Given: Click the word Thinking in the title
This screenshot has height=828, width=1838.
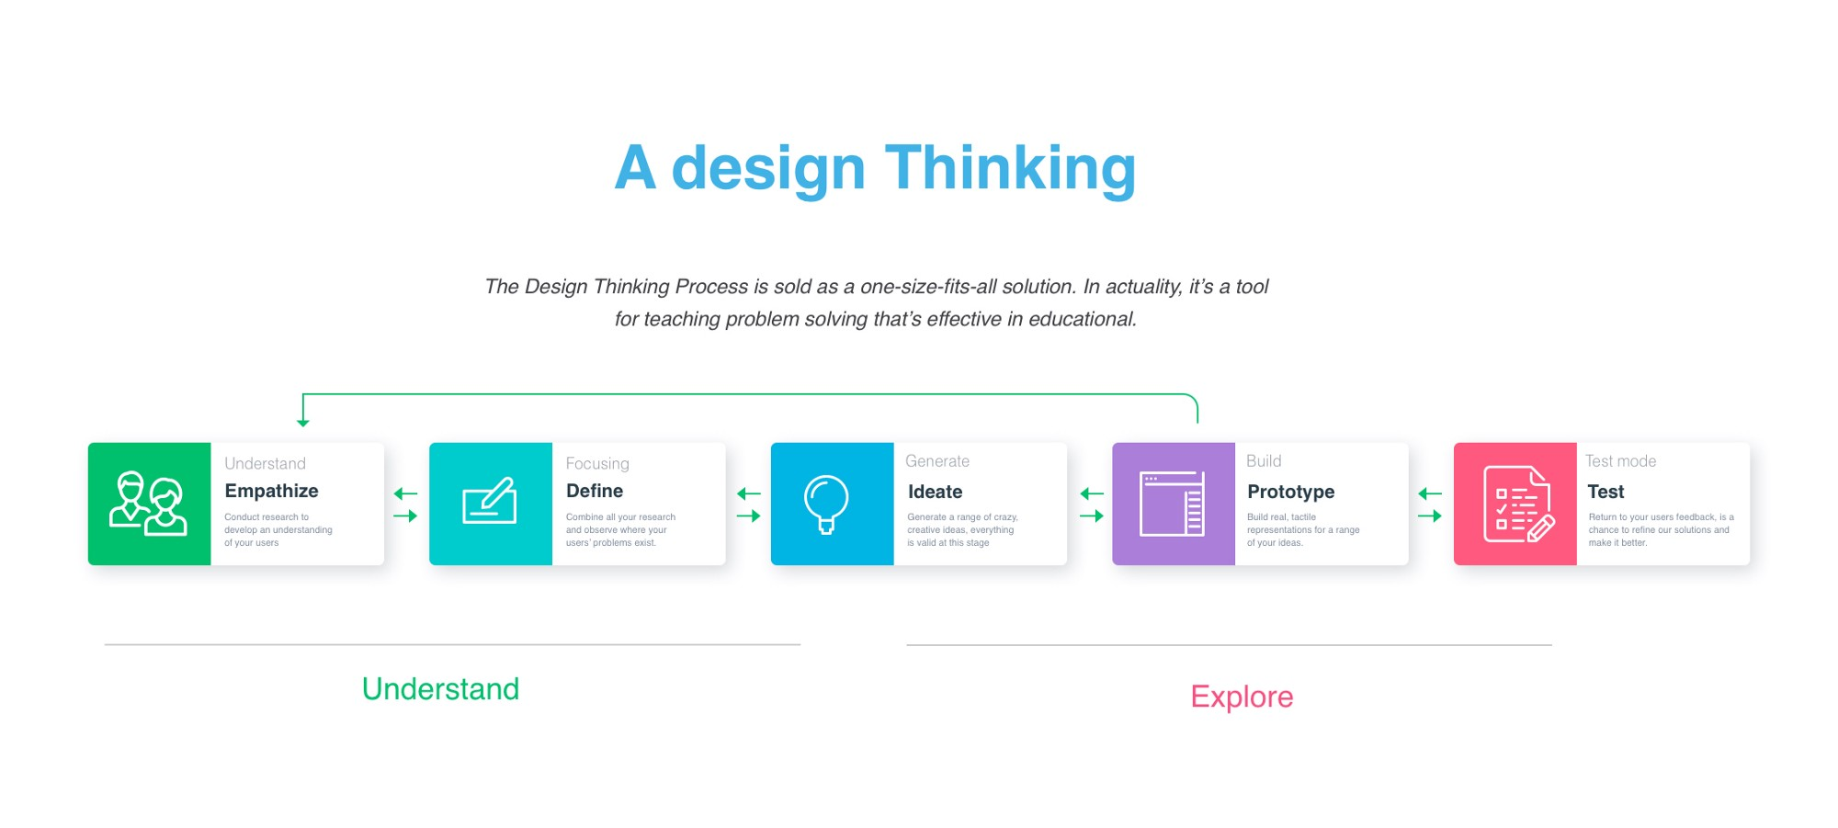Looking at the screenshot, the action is click(1011, 169).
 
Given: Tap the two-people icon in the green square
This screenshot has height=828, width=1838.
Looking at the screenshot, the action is click(148, 504).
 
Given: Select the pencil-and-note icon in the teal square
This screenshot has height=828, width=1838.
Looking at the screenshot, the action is click(490, 501).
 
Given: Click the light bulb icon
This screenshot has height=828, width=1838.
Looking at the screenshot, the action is click(826, 504).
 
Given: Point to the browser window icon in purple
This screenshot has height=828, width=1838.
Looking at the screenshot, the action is click(1172, 504).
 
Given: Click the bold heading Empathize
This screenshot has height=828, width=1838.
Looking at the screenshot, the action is click(271, 491).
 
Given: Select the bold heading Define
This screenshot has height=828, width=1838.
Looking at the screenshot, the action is click(595, 491).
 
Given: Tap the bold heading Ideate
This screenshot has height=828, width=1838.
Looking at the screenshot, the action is click(935, 492).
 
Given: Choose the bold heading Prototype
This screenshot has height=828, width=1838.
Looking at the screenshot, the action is click(1290, 492).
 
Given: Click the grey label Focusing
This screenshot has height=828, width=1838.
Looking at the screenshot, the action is click(597, 464).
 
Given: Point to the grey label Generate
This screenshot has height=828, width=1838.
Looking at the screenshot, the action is click(937, 461).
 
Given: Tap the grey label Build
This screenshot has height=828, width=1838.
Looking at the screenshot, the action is click(1264, 461).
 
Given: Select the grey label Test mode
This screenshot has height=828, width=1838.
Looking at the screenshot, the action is click(1620, 461).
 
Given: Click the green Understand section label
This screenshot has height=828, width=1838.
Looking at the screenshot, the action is click(440, 689).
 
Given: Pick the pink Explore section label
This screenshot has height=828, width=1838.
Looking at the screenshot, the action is click(1242, 697).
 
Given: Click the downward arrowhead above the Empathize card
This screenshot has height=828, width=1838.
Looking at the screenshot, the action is click(303, 423).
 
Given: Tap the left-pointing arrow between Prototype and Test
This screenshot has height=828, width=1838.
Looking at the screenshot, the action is click(1430, 493).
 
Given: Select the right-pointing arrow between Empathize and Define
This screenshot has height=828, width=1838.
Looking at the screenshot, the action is click(405, 516).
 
